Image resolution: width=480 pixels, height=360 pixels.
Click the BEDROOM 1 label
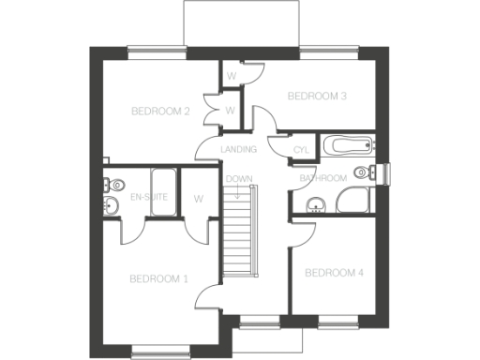click(158, 278)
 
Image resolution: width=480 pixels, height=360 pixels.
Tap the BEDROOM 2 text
click(160, 112)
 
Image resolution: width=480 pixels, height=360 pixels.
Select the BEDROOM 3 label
click(317, 96)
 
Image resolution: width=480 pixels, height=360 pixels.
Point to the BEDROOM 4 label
click(334, 273)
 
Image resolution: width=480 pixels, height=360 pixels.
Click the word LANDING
click(239, 150)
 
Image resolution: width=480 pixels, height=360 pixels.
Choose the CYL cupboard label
click(301, 150)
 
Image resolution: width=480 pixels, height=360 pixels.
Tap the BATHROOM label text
click(323, 178)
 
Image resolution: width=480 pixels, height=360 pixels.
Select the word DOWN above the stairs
click(239, 178)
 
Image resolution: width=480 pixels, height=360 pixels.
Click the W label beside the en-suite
click(199, 199)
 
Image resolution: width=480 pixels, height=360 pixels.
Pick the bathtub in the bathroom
click(347, 145)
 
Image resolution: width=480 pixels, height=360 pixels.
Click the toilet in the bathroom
click(377, 171)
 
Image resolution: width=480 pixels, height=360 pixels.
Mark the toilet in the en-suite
click(108, 185)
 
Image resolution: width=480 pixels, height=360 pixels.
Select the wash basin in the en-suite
click(112, 206)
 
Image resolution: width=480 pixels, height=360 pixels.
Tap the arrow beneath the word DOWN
click(239, 192)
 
